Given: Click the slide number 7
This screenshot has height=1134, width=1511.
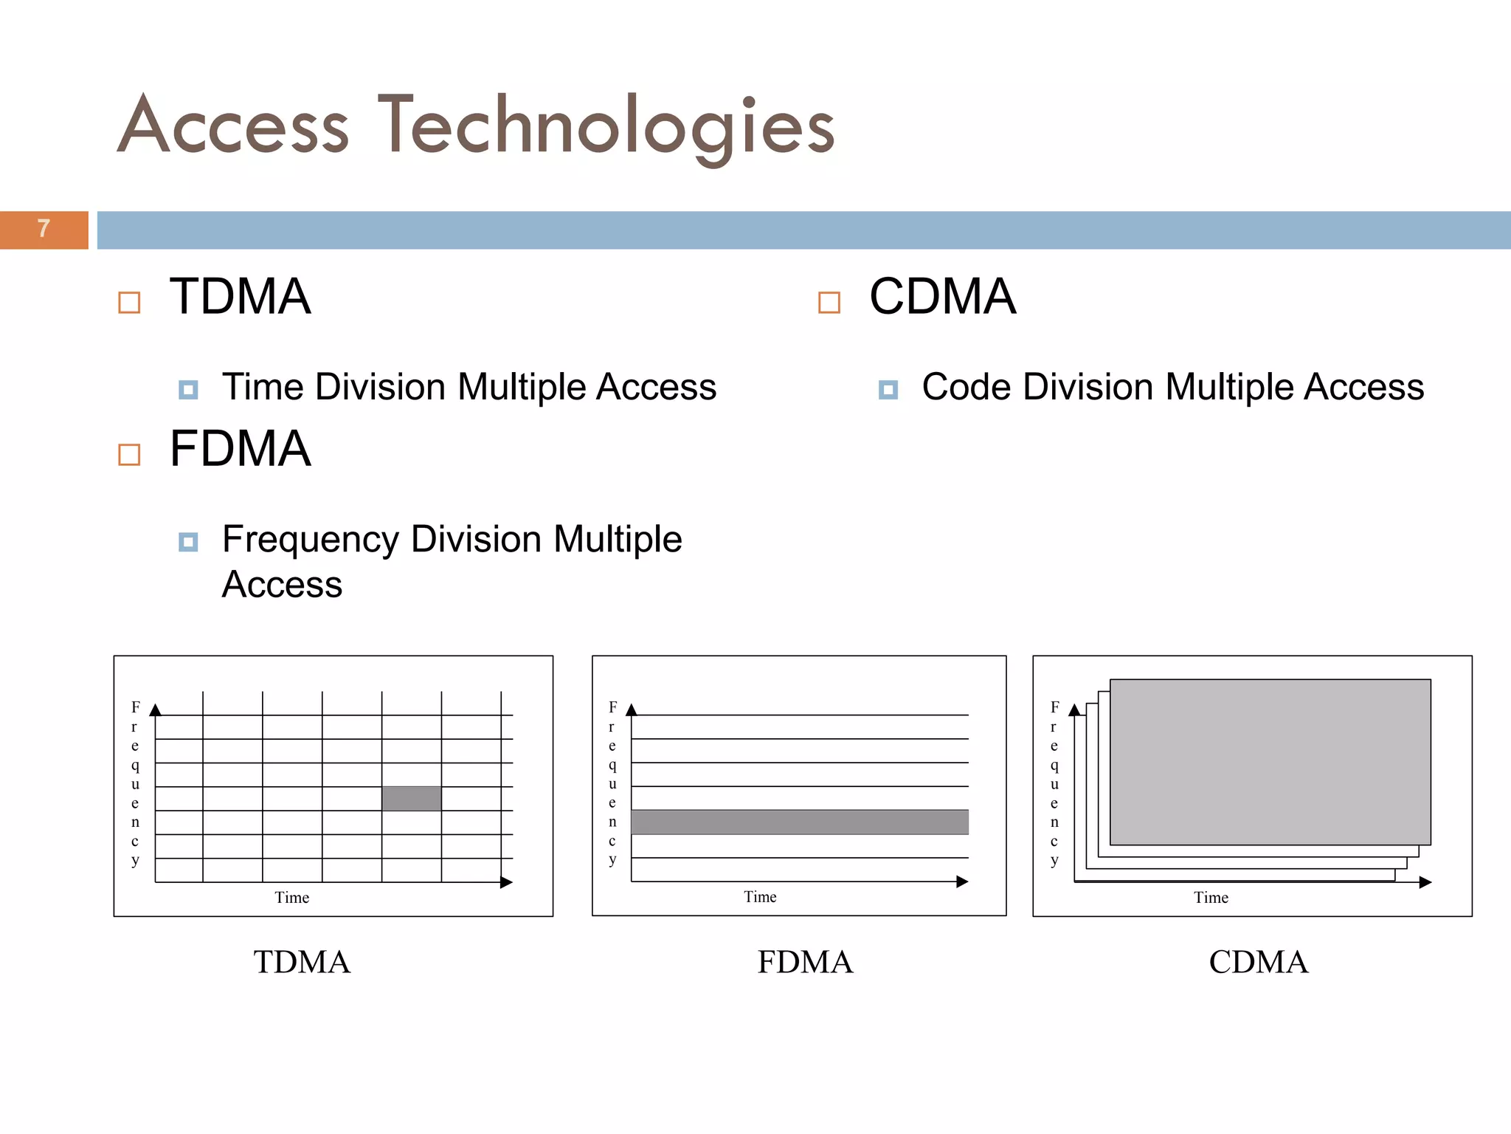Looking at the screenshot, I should (x=44, y=228).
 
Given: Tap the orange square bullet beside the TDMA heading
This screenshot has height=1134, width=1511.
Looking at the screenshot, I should (x=129, y=303).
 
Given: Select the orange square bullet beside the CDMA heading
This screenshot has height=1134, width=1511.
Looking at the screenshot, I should (x=829, y=303).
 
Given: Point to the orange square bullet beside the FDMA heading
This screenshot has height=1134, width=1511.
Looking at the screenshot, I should (x=129, y=455).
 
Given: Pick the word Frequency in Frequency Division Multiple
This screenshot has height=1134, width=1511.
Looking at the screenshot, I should (x=308, y=540).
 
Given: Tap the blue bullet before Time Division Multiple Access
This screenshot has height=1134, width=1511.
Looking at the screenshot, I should (x=188, y=390).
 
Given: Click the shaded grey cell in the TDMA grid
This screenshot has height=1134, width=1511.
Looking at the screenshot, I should (x=412, y=799).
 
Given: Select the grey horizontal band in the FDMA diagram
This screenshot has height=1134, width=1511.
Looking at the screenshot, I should (x=800, y=822).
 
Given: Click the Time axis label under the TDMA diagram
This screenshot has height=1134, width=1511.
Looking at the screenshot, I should (x=292, y=898).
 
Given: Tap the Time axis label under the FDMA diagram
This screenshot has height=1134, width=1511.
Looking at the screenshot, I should (x=760, y=897).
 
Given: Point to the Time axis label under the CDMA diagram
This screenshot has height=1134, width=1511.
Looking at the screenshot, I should (x=1211, y=898).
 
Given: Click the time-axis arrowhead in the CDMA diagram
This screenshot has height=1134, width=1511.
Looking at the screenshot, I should (x=1425, y=882).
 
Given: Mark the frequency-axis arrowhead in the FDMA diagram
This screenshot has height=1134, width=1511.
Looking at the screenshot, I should (x=631, y=710).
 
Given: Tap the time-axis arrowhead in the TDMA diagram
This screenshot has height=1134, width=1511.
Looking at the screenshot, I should (x=506, y=882).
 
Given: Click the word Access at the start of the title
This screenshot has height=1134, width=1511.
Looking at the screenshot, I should (x=233, y=126).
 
